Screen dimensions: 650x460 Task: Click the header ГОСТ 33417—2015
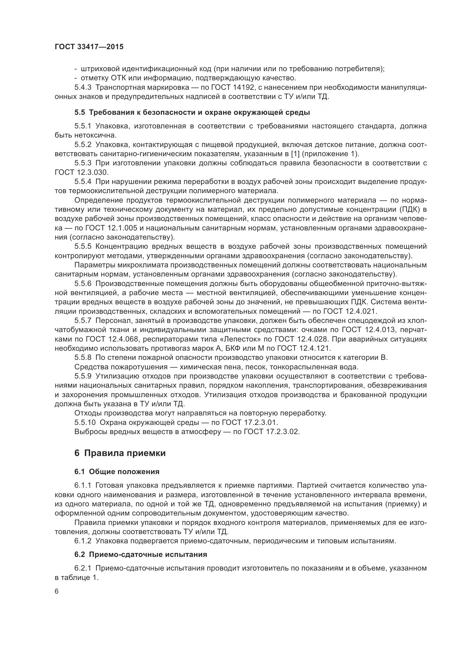click(x=89, y=47)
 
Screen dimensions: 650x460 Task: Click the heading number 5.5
click(x=80, y=112)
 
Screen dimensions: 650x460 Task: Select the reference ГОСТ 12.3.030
click(x=81, y=172)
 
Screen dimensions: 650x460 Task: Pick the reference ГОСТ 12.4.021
click(x=348, y=312)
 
